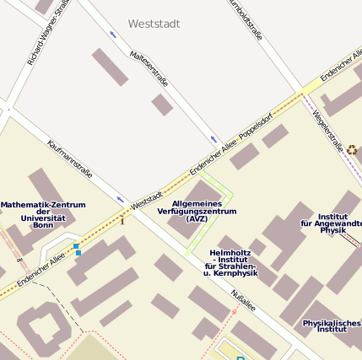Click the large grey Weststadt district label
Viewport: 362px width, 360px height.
[x=154, y=24]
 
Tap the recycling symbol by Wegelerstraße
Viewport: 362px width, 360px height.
[x=352, y=149]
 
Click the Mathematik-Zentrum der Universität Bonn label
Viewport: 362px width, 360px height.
[x=43, y=215]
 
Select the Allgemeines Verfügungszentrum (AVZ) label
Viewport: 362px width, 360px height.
[x=197, y=211]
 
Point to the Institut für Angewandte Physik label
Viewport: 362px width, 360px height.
[x=332, y=223]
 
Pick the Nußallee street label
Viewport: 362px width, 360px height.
[x=245, y=301]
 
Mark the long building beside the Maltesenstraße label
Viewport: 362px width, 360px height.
[x=111, y=67]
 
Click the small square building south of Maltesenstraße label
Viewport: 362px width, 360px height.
[x=162, y=105]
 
